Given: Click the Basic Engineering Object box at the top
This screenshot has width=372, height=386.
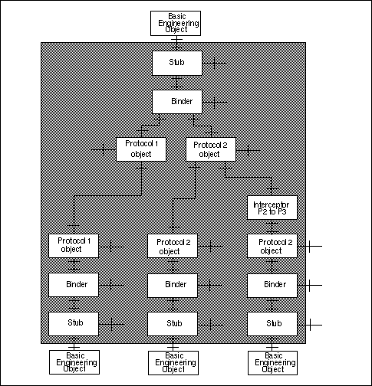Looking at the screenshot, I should (176, 23).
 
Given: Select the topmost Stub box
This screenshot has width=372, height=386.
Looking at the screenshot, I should (176, 63).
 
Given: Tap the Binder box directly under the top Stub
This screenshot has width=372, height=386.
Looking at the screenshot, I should (176, 101).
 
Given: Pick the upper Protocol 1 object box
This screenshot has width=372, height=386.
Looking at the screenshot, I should (141, 149).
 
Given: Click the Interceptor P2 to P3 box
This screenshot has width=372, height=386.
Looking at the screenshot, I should (272, 207).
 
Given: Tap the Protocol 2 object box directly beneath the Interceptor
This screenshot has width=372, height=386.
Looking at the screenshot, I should (272, 246).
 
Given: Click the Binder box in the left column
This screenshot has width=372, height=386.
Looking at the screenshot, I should (74, 284).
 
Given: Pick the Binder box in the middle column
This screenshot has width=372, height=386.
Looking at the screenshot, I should (173, 284).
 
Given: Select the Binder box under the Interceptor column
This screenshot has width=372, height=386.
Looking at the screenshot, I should (272, 284).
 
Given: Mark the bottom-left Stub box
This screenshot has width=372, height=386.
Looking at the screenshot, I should (74, 323).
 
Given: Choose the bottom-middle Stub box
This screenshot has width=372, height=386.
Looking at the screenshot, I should (173, 323).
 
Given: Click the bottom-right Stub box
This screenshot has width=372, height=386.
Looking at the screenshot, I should (272, 323).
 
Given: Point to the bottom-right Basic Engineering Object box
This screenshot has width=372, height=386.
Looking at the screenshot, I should (272, 361).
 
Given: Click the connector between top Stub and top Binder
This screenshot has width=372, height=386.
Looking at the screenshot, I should (176, 82).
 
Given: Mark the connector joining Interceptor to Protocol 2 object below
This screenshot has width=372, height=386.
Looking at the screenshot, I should (272, 227).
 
